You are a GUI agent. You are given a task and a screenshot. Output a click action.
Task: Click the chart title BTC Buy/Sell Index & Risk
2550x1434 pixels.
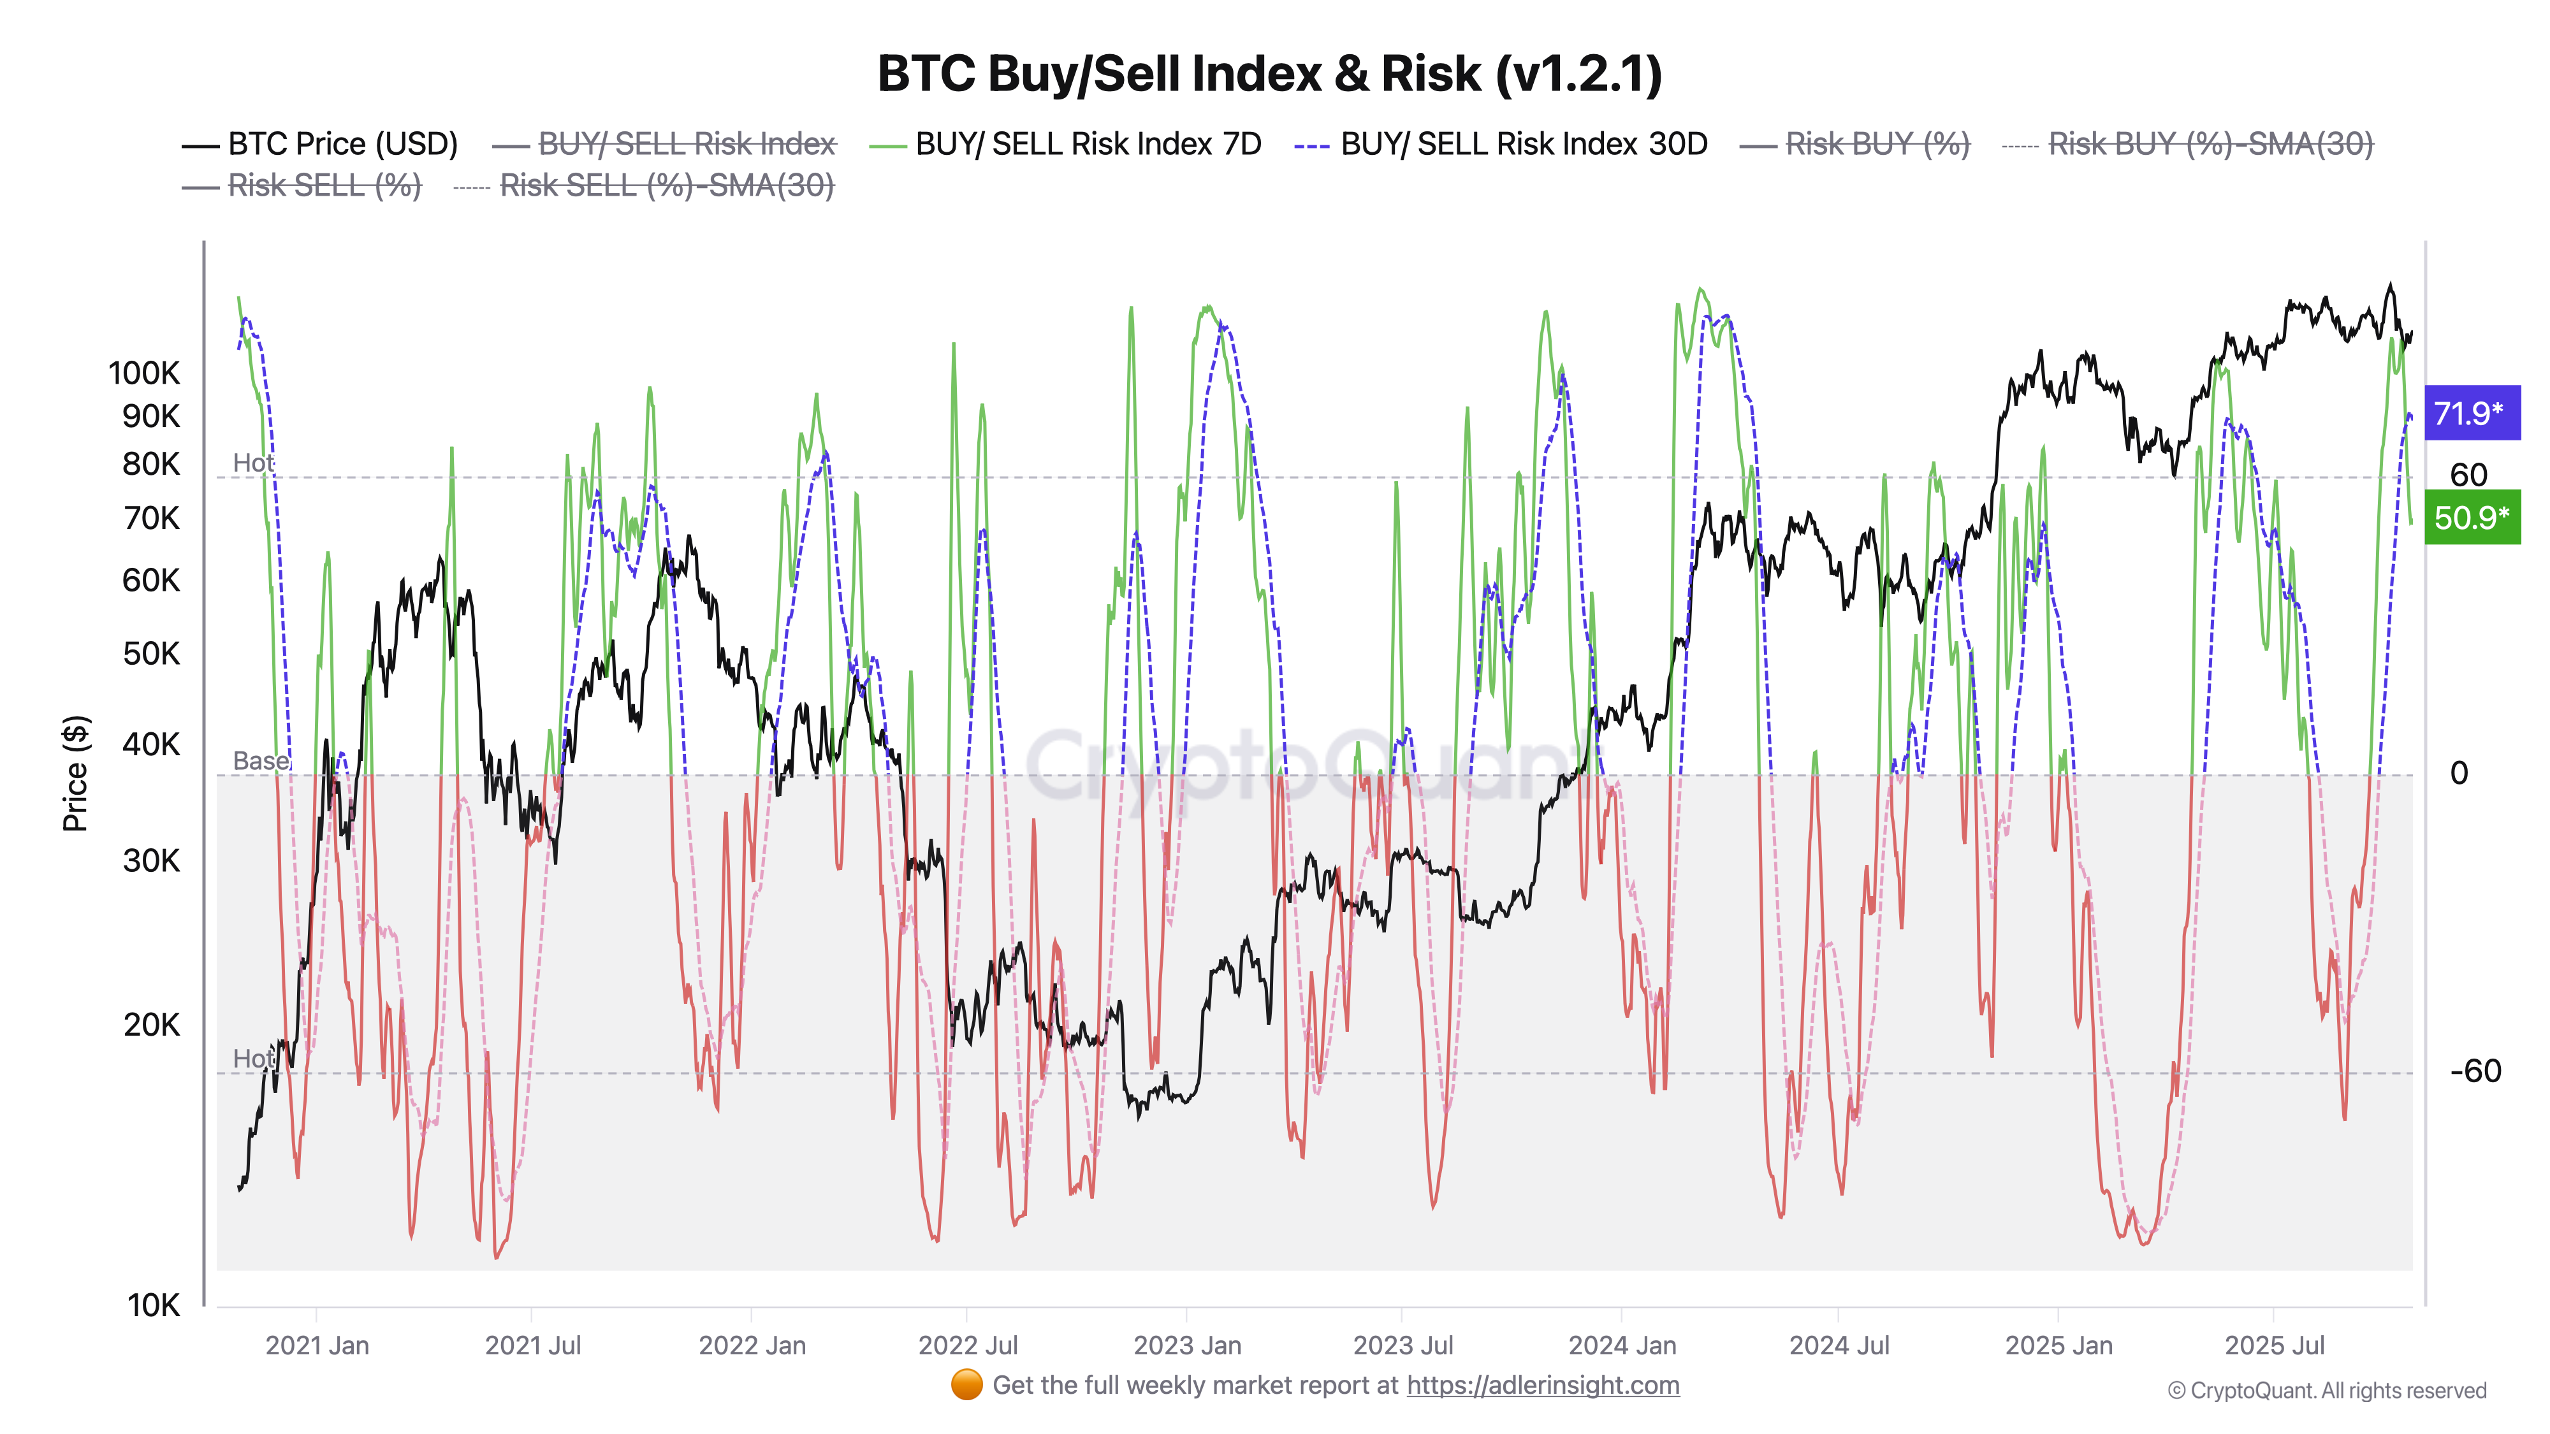(x=1269, y=74)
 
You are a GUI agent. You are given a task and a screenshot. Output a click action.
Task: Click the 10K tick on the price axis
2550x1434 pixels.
(x=154, y=1305)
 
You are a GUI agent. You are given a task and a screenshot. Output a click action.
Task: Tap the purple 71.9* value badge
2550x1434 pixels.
(x=2471, y=413)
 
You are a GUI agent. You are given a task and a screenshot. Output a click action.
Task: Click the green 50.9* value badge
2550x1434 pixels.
(x=2471, y=518)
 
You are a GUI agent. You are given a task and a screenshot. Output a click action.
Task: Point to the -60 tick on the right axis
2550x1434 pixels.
(x=2475, y=1071)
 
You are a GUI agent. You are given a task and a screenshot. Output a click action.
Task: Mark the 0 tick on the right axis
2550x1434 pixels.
(x=2459, y=773)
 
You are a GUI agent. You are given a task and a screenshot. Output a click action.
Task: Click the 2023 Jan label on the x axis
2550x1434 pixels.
(x=1187, y=1346)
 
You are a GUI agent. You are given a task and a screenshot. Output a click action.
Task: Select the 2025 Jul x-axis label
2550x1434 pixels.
(x=2275, y=1346)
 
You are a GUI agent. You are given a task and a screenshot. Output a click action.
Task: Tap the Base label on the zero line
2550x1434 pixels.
(x=260, y=761)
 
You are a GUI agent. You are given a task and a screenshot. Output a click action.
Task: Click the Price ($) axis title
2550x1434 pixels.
(x=75, y=773)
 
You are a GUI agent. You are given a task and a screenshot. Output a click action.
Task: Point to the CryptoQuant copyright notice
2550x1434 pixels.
(x=2326, y=1391)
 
